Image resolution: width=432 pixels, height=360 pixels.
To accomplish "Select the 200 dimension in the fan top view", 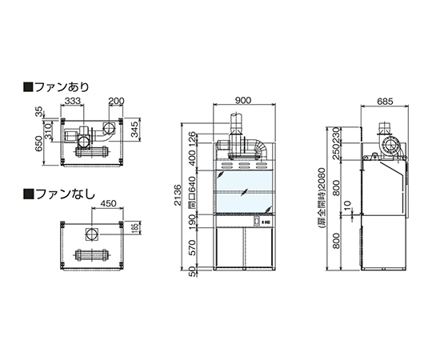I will pos(115,102).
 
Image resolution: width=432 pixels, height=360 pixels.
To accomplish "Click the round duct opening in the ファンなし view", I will pos(91,234).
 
